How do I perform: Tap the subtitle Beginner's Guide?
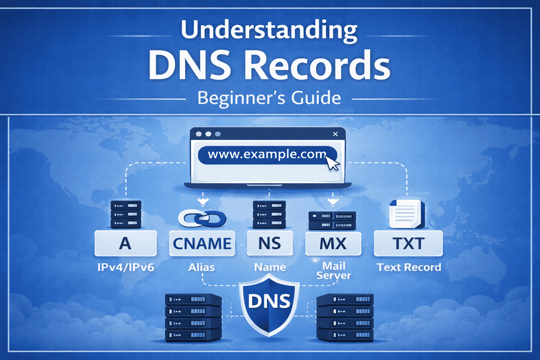pyautogui.click(x=269, y=98)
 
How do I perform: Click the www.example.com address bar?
pyautogui.click(x=267, y=155)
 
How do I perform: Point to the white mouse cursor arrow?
pyautogui.click(x=332, y=163)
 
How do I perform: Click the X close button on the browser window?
pyautogui.click(x=335, y=134)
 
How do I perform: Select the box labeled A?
pyautogui.click(x=126, y=243)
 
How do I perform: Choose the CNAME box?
pyautogui.click(x=202, y=243)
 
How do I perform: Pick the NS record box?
pyautogui.click(x=270, y=243)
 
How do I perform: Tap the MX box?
pyautogui.click(x=333, y=243)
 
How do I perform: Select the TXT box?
pyautogui.click(x=408, y=243)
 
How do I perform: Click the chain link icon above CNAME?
pyautogui.click(x=202, y=218)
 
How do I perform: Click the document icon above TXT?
pyautogui.click(x=407, y=214)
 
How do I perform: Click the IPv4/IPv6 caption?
pyautogui.click(x=126, y=267)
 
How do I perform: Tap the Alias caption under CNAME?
pyautogui.click(x=201, y=267)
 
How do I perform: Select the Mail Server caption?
pyautogui.click(x=334, y=270)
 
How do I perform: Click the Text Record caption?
pyautogui.click(x=409, y=267)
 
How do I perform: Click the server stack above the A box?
pyautogui.click(x=126, y=214)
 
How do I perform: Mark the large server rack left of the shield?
pyautogui.click(x=193, y=317)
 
